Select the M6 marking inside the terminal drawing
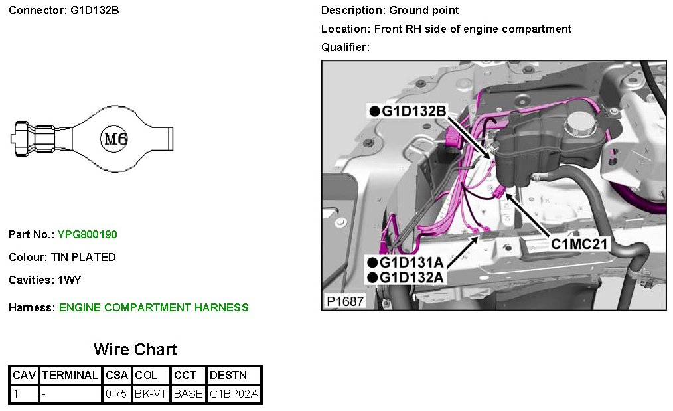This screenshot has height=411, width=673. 114,139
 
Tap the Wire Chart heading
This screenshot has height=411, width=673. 135,349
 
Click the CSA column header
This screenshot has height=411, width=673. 117,375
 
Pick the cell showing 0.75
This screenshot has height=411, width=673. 117,394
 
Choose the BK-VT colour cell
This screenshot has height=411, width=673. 151,394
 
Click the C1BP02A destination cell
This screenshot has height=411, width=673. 234,394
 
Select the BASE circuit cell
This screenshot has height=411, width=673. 188,394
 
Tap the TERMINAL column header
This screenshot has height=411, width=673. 70,375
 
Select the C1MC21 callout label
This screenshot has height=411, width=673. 579,244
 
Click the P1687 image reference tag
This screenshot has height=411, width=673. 344,301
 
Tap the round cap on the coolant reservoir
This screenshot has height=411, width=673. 579,123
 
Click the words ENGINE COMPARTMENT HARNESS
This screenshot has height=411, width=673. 154,307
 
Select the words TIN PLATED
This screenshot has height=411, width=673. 84,257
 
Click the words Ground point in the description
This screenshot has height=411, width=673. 424,10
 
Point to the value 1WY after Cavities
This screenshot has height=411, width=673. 70,280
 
